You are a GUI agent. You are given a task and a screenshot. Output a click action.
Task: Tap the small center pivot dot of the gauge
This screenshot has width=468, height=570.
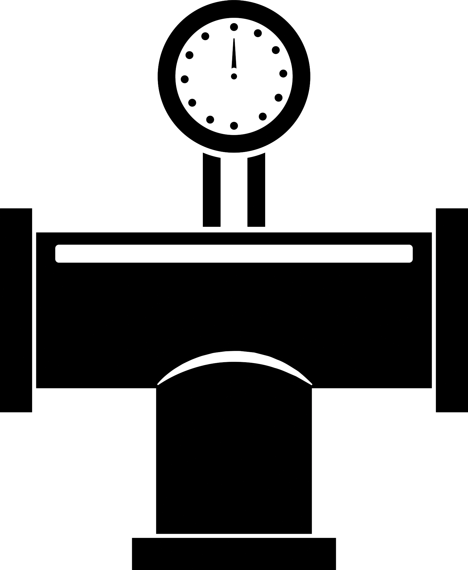click(234, 76)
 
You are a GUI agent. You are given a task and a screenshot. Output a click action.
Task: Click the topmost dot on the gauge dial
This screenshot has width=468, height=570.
click(234, 27)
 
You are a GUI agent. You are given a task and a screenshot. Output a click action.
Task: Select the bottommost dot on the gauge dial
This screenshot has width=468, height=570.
click(234, 126)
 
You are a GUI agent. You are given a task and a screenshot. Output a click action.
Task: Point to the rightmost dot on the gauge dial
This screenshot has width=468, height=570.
click(283, 73)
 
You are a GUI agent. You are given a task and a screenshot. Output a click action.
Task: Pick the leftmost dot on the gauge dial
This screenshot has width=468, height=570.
click(185, 79)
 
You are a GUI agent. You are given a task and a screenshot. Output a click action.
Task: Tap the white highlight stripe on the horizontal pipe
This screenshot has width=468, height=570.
click(234, 254)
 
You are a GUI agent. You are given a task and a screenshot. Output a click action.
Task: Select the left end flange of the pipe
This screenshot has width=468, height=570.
click(16, 310)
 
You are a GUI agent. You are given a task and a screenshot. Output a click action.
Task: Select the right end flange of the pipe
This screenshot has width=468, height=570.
click(452, 310)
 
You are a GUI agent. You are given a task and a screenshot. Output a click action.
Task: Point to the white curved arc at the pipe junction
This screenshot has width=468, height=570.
click(234, 356)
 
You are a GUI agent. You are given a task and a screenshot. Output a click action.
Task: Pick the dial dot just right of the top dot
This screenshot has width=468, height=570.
click(258, 33)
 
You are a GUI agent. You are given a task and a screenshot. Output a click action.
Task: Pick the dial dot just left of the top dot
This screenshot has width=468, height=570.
click(205, 36)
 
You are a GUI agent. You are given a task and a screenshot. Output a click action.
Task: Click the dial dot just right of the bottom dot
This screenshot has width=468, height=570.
click(263, 116)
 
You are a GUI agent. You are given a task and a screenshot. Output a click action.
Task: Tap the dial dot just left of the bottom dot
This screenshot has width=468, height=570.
click(210, 119)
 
